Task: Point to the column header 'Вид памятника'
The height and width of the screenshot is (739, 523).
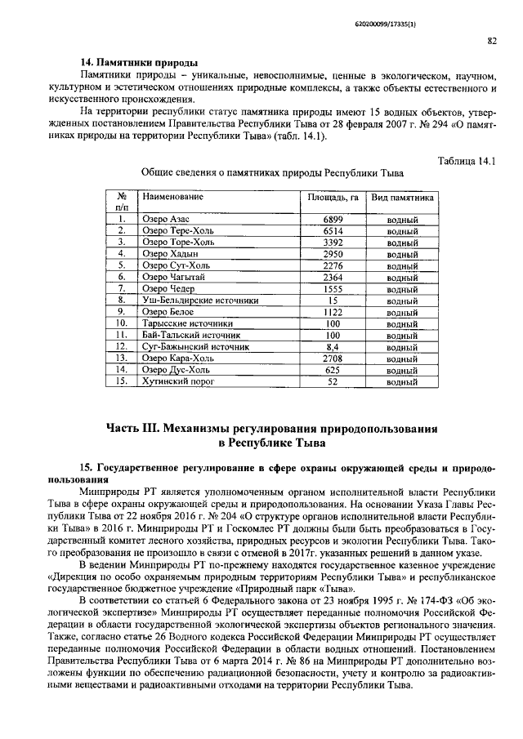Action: point(402,198)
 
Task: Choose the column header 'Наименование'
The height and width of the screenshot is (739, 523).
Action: point(172,198)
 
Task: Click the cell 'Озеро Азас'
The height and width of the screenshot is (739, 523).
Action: point(166,220)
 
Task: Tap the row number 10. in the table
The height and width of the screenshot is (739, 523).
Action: point(121,323)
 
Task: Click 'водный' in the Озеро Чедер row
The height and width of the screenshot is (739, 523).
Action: point(402,288)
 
